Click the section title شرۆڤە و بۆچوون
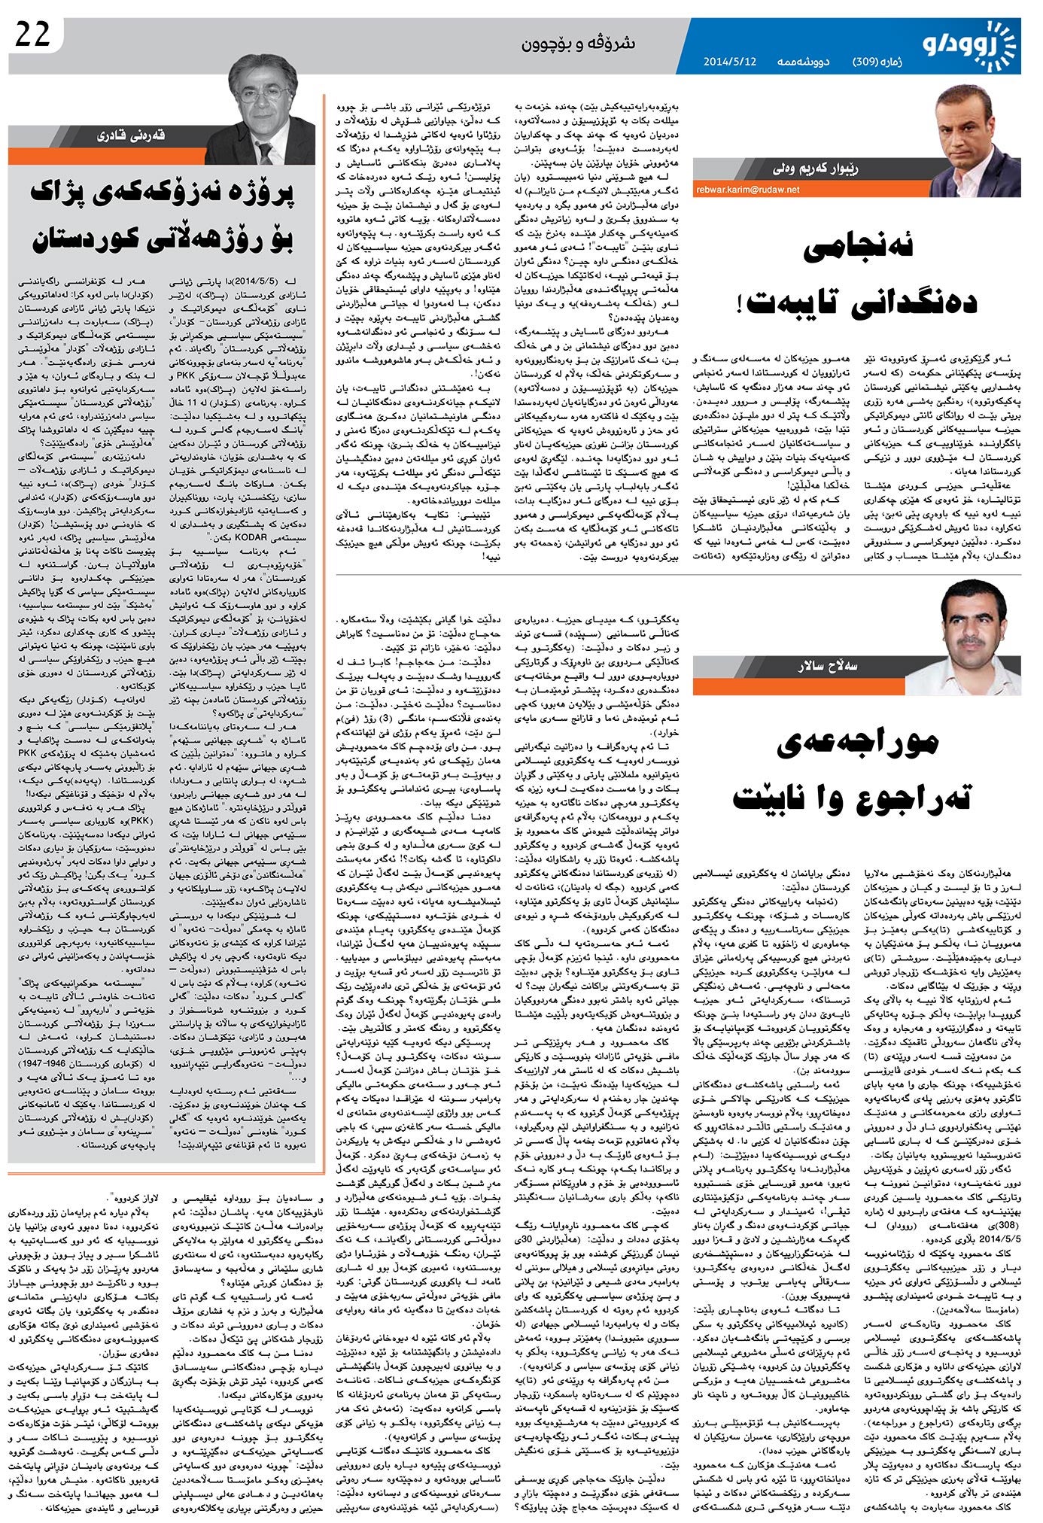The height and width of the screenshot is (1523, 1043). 579,43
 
